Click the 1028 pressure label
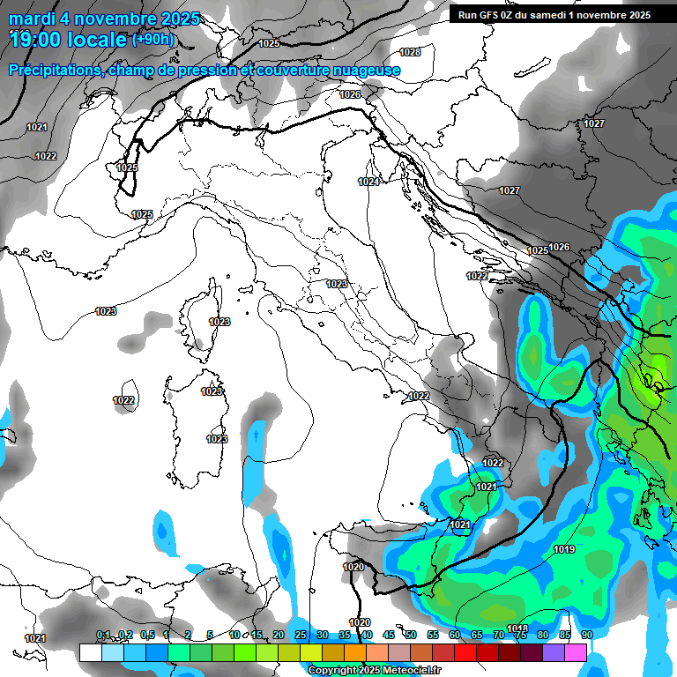(x=411, y=53)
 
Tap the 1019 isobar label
(x=565, y=550)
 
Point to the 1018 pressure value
(x=517, y=629)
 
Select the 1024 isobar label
(x=369, y=182)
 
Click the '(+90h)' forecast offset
(x=153, y=40)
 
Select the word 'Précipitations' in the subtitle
(x=58, y=71)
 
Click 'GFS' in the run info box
(x=494, y=15)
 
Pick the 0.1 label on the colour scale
(x=103, y=636)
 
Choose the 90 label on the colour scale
(x=586, y=636)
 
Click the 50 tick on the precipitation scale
(x=410, y=636)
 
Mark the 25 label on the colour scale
(x=301, y=636)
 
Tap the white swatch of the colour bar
(x=90, y=652)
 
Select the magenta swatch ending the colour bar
(x=576, y=652)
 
